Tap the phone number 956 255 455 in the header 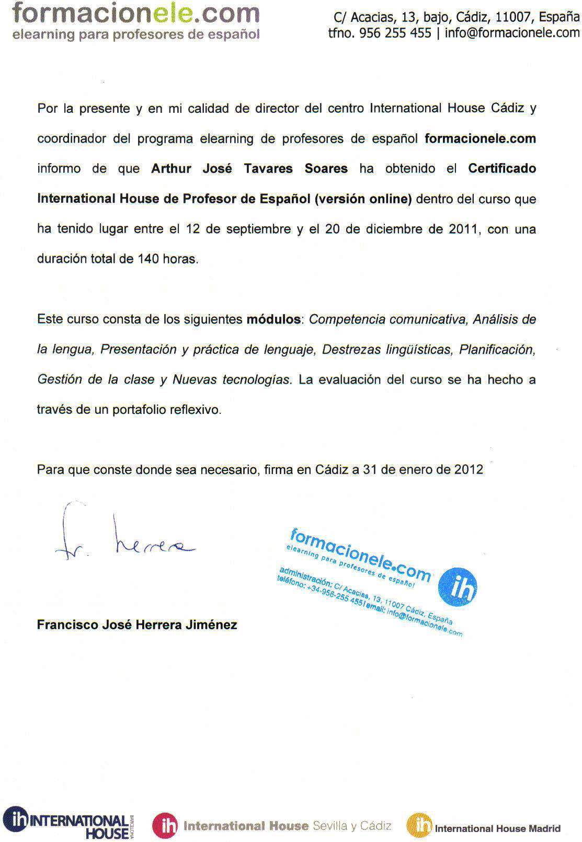pyautogui.click(x=395, y=33)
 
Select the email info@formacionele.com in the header pyautogui.click(x=512, y=33)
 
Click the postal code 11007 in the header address pyautogui.click(x=512, y=17)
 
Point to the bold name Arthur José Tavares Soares pyautogui.click(x=249, y=168)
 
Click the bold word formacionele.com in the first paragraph pyautogui.click(x=480, y=139)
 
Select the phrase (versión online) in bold pyautogui.click(x=363, y=199)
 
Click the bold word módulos pyautogui.click(x=273, y=319)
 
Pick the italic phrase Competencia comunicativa pyautogui.click(x=388, y=319)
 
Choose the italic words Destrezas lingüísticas pyautogui.click(x=386, y=349)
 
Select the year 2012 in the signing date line pyautogui.click(x=469, y=469)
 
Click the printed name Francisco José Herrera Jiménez pyautogui.click(x=137, y=625)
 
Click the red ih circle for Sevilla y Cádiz pyautogui.click(x=165, y=826)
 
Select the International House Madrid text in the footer pyautogui.click(x=497, y=828)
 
